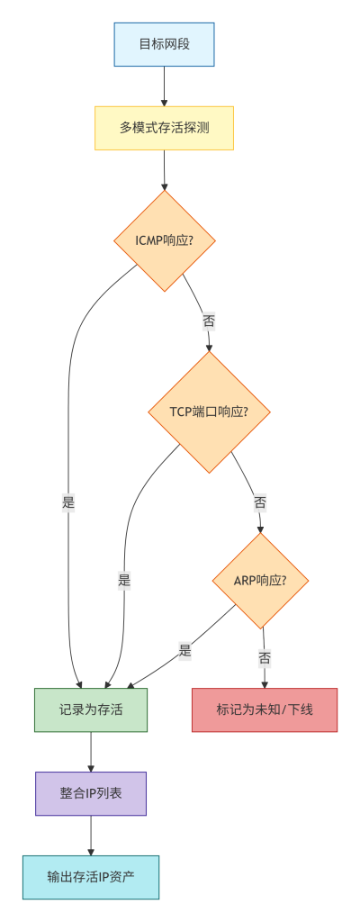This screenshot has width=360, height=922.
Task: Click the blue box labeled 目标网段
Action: point(164,44)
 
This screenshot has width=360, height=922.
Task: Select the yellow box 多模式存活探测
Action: point(164,128)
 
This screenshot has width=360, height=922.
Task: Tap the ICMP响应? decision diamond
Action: point(164,240)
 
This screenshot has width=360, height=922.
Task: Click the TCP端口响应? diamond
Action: point(209,411)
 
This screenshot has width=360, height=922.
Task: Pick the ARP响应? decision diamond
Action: point(260,581)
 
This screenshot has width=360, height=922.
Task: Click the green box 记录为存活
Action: point(91,710)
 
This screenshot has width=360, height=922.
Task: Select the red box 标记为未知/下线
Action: point(265,710)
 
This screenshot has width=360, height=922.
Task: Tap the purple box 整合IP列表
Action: point(91,793)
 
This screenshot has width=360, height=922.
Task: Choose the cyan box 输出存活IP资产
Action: point(91,877)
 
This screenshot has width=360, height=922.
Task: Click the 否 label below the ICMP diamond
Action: point(208,321)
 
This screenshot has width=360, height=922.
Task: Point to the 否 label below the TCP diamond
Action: point(259,502)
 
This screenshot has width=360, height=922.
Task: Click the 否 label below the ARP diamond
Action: point(264,658)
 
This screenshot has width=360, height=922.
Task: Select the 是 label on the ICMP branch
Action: point(68,502)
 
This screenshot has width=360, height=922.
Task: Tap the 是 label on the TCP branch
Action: point(124,581)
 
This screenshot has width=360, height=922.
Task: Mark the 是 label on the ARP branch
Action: point(185,651)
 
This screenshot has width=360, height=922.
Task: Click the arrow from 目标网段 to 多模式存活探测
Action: point(164,86)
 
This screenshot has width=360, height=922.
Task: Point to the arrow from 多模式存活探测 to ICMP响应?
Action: point(164,170)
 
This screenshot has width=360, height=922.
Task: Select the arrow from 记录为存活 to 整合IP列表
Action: point(91,752)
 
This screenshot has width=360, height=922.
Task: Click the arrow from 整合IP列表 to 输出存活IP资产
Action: point(91,836)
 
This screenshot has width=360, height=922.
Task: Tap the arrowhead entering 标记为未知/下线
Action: point(265,684)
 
